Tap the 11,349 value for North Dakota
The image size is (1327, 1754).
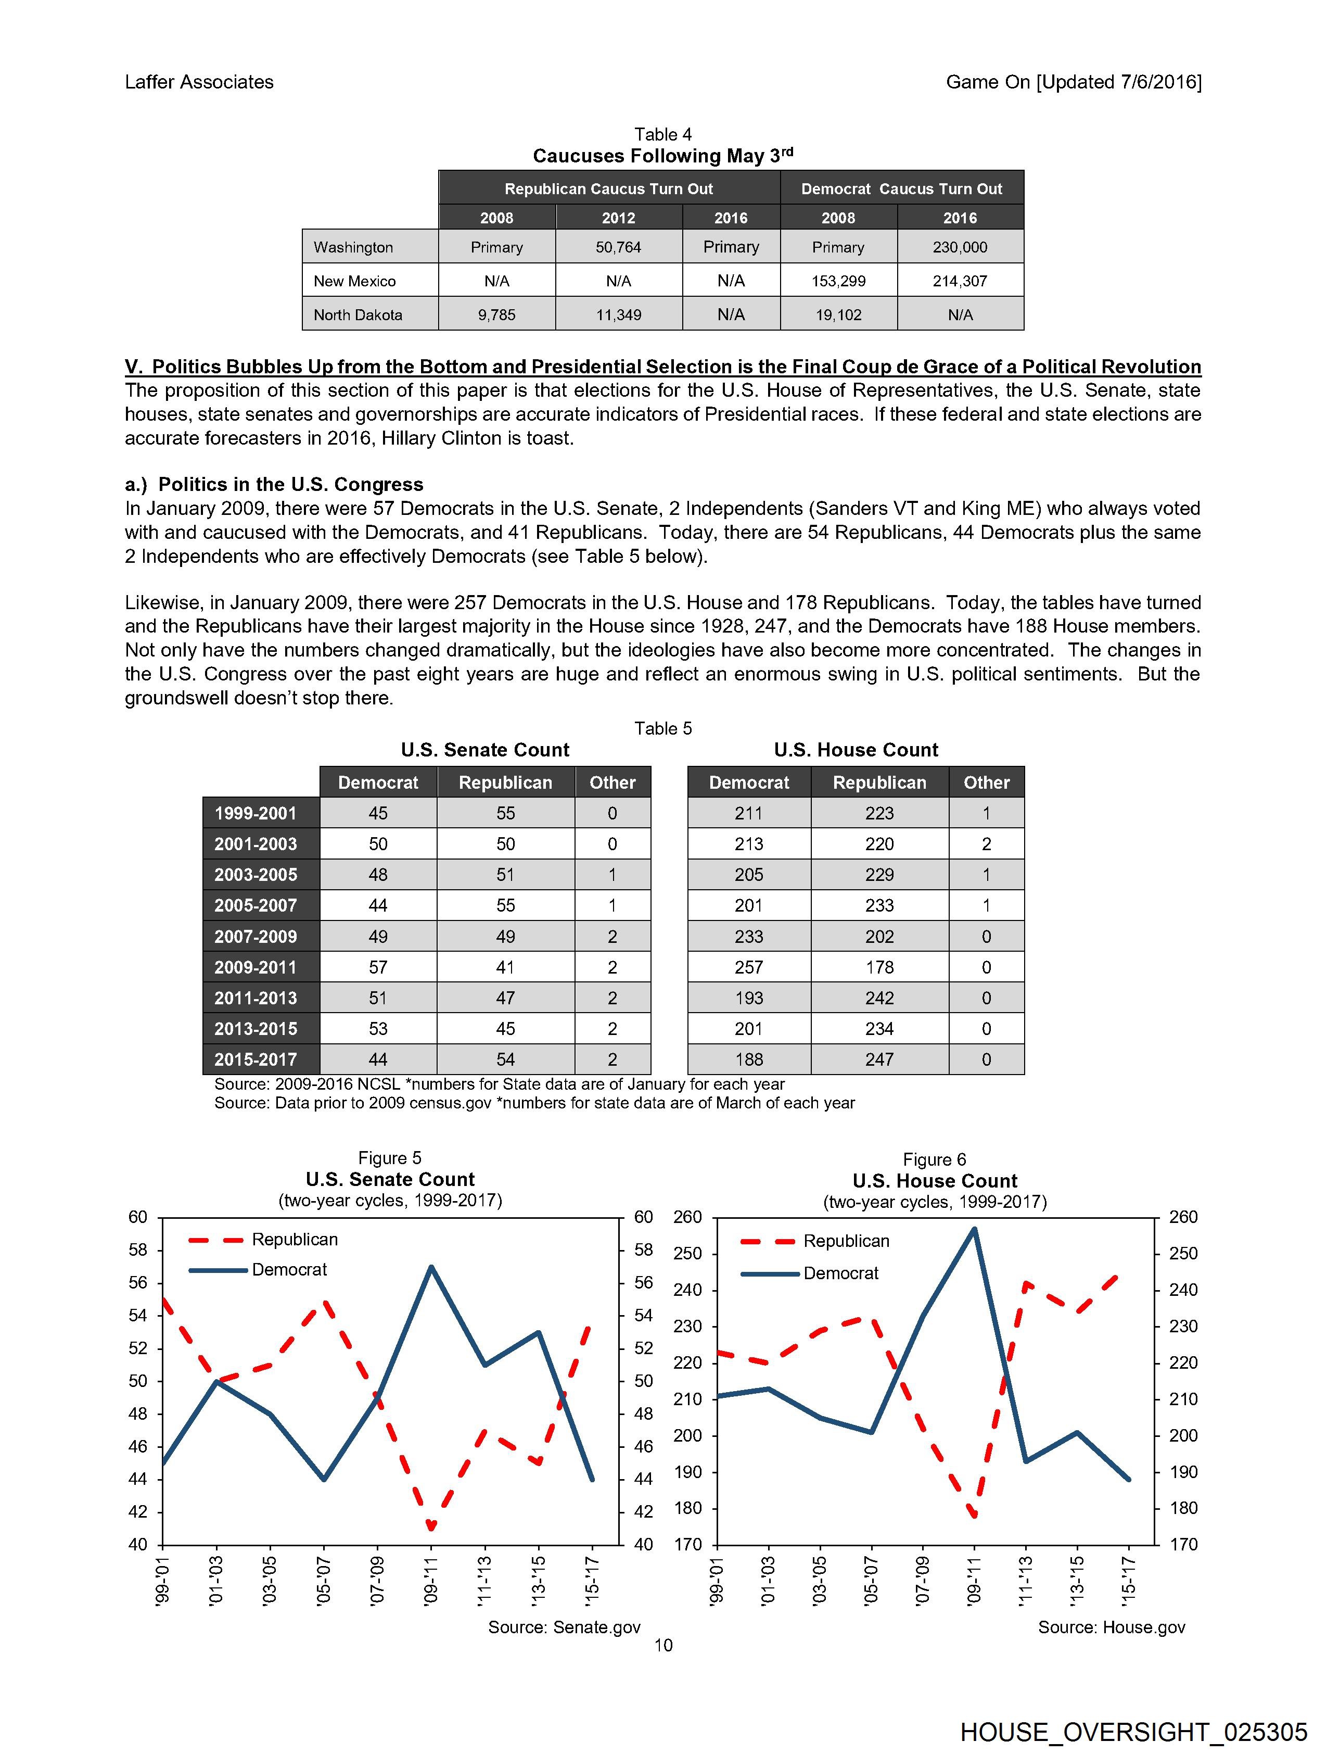click(618, 315)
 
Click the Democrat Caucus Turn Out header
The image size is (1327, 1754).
click(901, 188)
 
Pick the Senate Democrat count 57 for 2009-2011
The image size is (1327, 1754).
click(378, 967)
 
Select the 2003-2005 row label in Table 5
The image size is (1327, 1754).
click(256, 875)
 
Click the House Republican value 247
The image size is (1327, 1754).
click(879, 1059)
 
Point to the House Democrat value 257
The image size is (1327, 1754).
click(748, 967)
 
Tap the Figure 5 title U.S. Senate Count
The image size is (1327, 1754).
click(390, 1179)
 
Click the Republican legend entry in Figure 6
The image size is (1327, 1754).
click(846, 1241)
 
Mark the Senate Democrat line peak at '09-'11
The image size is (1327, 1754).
click(430, 1267)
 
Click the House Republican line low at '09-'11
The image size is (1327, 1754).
click(974, 1516)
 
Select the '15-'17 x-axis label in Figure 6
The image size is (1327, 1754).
click(1129, 1580)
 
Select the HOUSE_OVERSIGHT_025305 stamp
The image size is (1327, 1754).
click(1133, 1732)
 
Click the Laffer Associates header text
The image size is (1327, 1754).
click(199, 82)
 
